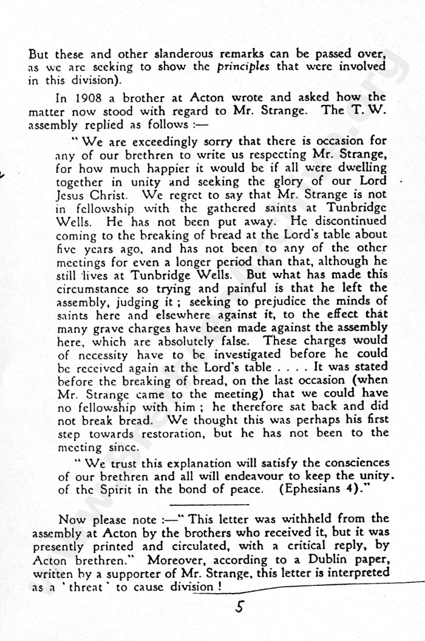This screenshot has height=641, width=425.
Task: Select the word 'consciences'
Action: click(353, 462)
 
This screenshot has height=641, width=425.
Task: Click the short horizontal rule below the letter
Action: click(209, 504)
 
